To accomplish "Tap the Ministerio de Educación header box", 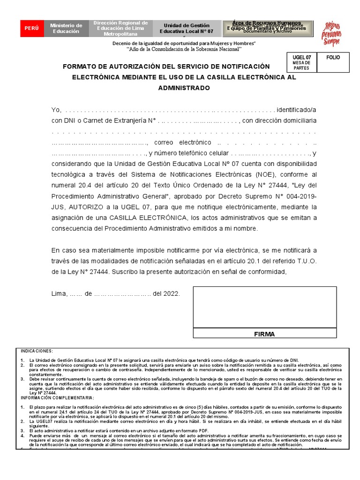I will click(66, 29).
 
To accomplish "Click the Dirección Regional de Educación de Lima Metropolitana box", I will click(120, 29).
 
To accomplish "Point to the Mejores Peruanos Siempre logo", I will click(331, 33).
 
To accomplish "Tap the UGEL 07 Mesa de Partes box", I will click(301, 62).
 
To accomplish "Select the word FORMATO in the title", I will click(79, 66).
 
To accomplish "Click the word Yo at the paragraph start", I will click(56, 110).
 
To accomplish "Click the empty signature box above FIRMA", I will click(264, 307).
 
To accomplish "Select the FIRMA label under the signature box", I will click(264, 334).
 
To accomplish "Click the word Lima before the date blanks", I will click(59, 294).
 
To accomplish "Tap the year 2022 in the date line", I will click(171, 294).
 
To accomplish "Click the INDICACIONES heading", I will click(37, 351).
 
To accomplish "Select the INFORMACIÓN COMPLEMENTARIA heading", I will click(57, 397).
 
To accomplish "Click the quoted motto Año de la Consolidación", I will click(184, 49).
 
